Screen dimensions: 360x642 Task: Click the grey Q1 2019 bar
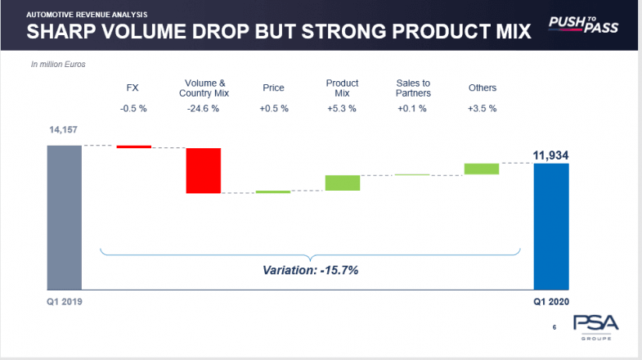64,216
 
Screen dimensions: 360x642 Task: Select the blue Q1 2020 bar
550,226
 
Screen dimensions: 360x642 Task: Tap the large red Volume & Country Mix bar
203,170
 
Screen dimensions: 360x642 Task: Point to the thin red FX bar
133,146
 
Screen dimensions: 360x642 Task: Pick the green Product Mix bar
343,182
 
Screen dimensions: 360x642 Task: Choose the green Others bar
482,169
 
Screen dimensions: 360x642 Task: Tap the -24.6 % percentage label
203,109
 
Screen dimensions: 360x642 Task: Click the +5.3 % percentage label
343,109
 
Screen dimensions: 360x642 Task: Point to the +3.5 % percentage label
482,109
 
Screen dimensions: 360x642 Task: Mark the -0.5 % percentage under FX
133,109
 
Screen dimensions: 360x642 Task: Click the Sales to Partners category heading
412,88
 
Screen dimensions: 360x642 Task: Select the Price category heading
273,88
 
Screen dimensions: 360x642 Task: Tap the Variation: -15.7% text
310,269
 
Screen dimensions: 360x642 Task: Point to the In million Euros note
58,63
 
